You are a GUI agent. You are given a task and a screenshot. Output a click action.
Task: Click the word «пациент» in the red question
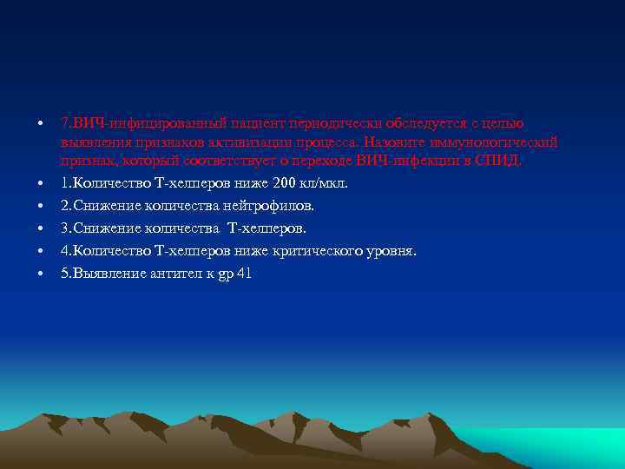[258, 123]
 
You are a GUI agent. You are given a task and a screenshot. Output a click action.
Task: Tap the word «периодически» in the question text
[331, 123]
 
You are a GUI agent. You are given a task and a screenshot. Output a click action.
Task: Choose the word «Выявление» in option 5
[103, 274]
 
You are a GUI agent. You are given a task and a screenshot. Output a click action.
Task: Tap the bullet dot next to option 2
[41, 206]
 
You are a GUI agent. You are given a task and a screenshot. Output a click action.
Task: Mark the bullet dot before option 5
[41, 274]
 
